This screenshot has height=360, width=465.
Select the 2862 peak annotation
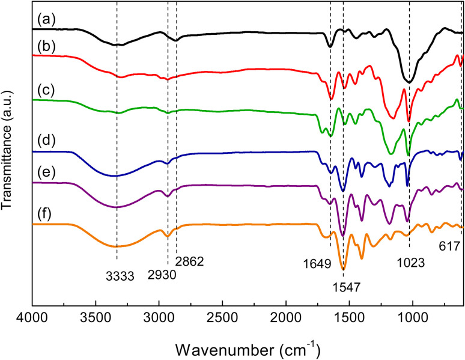coord(190,261)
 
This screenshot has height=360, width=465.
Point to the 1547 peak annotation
coord(345,288)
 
